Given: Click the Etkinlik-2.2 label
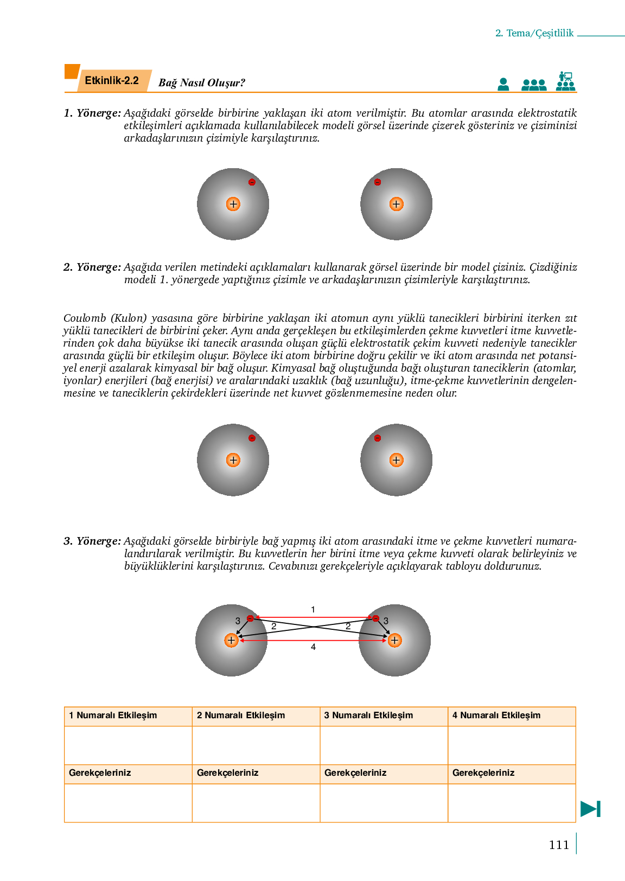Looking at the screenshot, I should pos(112,81).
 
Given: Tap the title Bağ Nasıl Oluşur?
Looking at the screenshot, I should pos(201,83).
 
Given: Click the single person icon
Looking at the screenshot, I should pos(503,84).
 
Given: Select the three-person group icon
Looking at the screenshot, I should pos(534,85).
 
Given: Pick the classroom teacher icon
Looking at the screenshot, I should pos(565,81).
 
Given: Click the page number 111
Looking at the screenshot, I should pos(559,845).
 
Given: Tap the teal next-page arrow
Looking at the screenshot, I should pos(590,808).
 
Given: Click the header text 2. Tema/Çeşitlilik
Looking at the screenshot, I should pos(534,33).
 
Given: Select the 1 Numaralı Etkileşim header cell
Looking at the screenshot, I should pos(128,716).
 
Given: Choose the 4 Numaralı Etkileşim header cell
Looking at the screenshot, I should pos(512,716).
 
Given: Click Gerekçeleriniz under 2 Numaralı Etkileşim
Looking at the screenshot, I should pos(228,773).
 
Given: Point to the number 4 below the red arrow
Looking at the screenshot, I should pos(313,647).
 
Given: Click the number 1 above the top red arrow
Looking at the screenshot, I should pos(313,610).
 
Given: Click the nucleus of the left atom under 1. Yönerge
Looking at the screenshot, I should pos(233,205).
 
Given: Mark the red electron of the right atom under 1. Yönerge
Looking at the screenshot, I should pos(378,182).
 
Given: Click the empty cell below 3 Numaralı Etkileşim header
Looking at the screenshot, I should pos(384,745).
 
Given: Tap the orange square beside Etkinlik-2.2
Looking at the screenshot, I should pos(72,72).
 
